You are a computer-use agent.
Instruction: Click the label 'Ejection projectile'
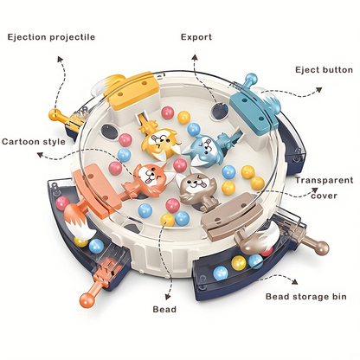pyautogui.click(x=51, y=37)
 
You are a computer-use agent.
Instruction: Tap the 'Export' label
pyautogui.click(x=196, y=37)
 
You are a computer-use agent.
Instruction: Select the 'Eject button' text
pyautogui.click(x=324, y=70)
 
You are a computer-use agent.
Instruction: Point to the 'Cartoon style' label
pyautogui.click(x=34, y=142)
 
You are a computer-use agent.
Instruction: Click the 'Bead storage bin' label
pyautogui.click(x=306, y=297)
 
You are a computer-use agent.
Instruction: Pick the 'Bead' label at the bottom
pyautogui.click(x=164, y=310)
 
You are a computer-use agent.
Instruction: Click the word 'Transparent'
pyautogui.click(x=324, y=180)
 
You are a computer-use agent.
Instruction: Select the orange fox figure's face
pyautogui.click(x=148, y=177)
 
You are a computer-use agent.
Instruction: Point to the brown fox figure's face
pyautogui.click(x=192, y=186)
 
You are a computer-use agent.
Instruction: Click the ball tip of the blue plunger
pyautogui.click(x=251, y=79)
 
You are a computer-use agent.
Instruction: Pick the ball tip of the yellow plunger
pyautogui.click(x=54, y=115)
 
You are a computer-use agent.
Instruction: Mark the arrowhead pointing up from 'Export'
pyautogui.click(x=195, y=57)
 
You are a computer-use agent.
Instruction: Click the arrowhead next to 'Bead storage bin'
pyautogui.click(x=294, y=281)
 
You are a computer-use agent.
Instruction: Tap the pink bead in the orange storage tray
pyautogui.click(x=62, y=203)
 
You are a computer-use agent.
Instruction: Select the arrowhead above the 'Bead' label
pyautogui.click(x=168, y=297)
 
